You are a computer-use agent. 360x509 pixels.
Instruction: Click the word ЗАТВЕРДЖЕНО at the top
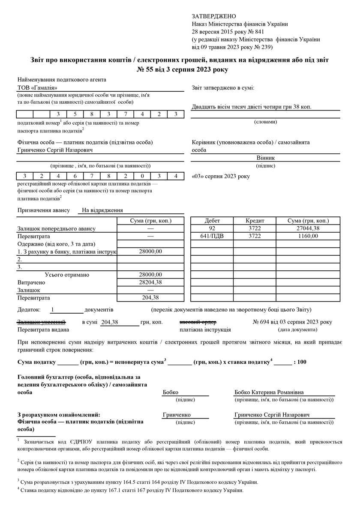pyautogui.click(x=214, y=16)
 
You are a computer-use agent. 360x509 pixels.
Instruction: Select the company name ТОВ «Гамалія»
pyautogui.click(x=37, y=88)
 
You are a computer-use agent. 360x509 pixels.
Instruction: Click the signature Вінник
pyautogui.click(x=266, y=158)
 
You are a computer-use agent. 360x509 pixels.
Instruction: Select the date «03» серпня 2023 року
pyautogui.click(x=221, y=176)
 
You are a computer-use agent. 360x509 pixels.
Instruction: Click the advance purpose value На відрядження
pyautogui.click(x=102, y=210)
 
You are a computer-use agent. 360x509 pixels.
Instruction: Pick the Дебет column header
pyautogui.click(x=212, y=221)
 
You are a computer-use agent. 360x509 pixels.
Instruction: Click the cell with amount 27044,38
pyautogui.click(x=308, y=228)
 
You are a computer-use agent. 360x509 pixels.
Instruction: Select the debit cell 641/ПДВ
pyautogui.click(x=212, y=236)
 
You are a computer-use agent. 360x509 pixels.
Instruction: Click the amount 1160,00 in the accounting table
pyautogui.click(x=308, y=236)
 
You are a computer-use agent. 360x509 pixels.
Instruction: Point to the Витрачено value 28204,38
pyautogui.click(x=150, y=282)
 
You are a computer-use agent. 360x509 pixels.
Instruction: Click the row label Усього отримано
pyautogui.click(x=67, y=275)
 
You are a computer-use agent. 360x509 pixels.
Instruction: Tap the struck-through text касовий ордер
pyautogui.click(x=198, y=322)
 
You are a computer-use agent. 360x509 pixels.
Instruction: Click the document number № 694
pyautogui.click(x=262, y=322)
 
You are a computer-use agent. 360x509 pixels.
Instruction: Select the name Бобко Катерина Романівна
pyautogui.click(x=269, y=392)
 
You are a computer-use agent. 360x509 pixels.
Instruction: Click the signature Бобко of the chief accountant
pyautogui.click(x=171, y=392)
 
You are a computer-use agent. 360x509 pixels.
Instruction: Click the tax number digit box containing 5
pyautogui.click(x=75, y=114)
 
